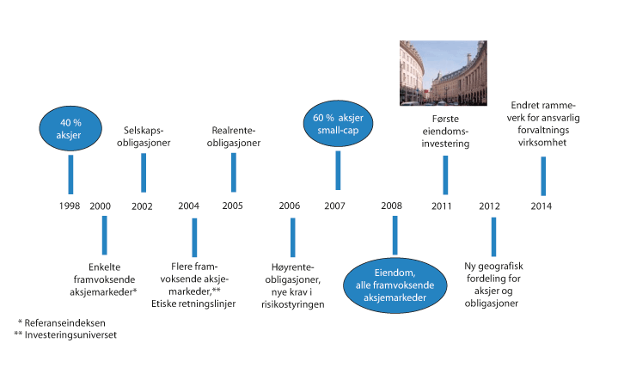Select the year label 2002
(143, 206)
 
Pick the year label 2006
(290, 206)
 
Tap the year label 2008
(392, 206)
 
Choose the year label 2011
(443, 206)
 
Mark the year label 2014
(542, 206)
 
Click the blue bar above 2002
(144, 172)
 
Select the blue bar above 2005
(233, 172)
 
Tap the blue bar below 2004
(194, 237)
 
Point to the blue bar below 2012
(493, 237)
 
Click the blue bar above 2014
(542, 175)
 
